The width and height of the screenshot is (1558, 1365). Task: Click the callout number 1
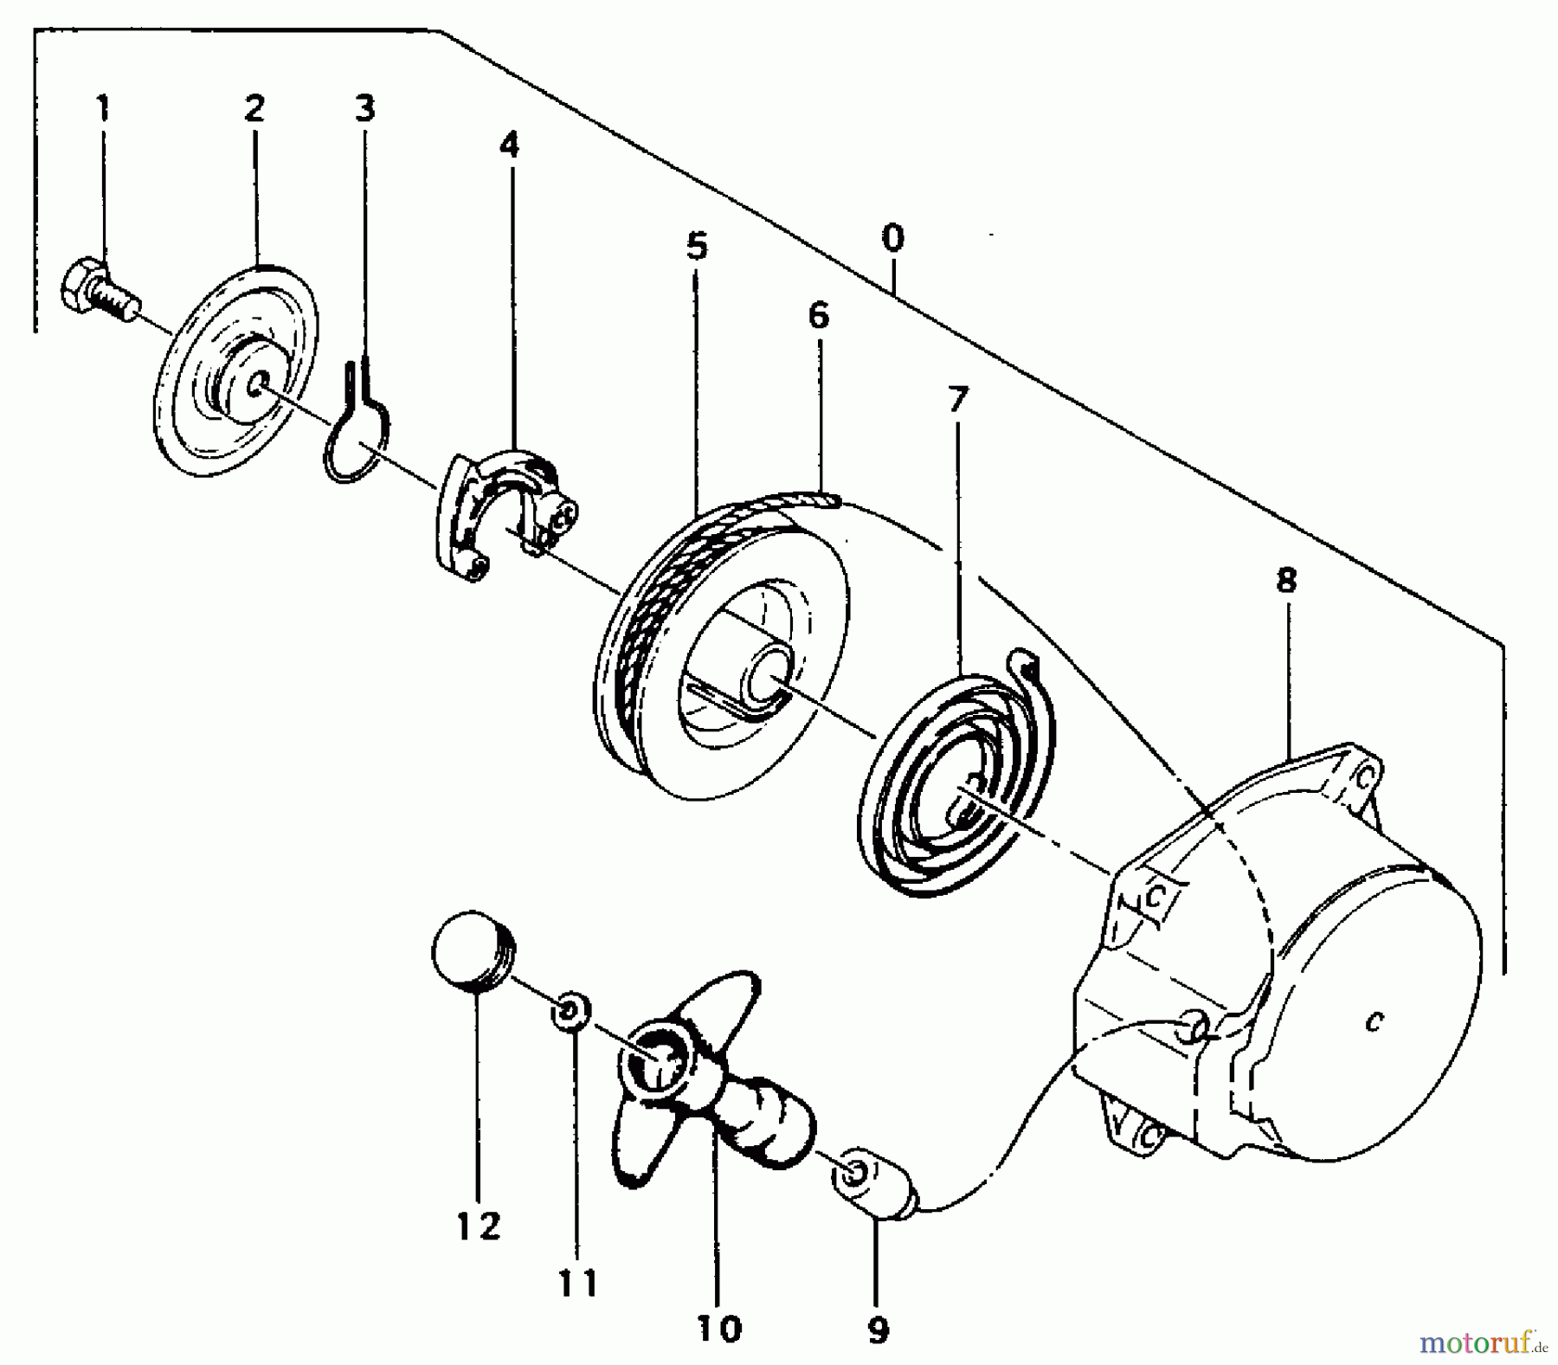[x=103, y=110]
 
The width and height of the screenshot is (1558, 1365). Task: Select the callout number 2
[x=254, y=109]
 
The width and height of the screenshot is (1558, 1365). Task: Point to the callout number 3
[x=364, y=110]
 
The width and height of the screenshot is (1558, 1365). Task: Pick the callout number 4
[x=510, y=144]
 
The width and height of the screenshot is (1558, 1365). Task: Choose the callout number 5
[x=697, y=247]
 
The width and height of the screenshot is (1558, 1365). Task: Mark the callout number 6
[x=818, y=316]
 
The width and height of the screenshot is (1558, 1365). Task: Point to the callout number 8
[x=1286, y=581]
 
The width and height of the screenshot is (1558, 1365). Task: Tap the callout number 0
[x=893, y=238]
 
